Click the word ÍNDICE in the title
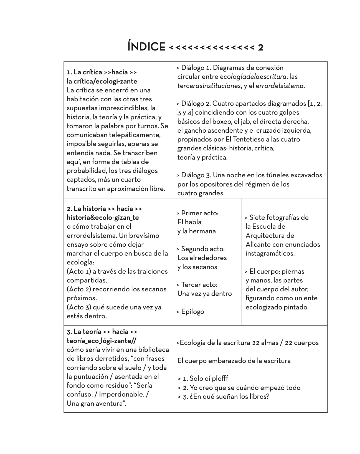pos(146,47)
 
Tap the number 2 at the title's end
pos(260,47)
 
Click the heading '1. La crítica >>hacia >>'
pos(102,72)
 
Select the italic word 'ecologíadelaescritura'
pos(253,77)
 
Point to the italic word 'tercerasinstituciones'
pos(209,86)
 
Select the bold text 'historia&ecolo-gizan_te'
pos(103,218)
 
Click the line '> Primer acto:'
pos(197,213)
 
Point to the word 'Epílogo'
pos(192,312)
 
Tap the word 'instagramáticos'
pos(270,253)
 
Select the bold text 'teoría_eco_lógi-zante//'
pos(102,341)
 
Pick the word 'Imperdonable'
pos(122,394)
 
